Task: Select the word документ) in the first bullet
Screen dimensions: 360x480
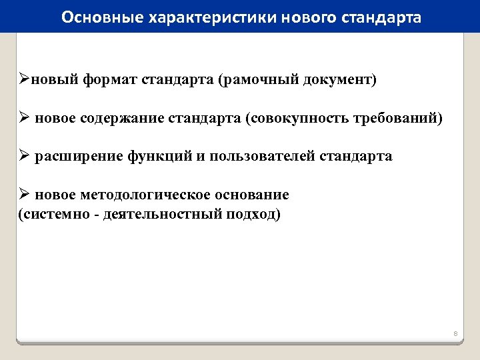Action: pos(339,81)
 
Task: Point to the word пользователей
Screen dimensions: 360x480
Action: pos(263,157)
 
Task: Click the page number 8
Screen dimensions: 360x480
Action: pos(455,333)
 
